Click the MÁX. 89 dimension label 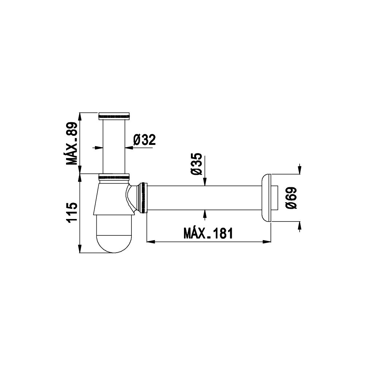pos(72,143)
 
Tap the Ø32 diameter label pos(145,140)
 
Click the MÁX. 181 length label pos(208,233)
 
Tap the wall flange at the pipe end pos(266,198)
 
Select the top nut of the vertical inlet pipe pos(114,116)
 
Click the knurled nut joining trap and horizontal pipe pos(142,198)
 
